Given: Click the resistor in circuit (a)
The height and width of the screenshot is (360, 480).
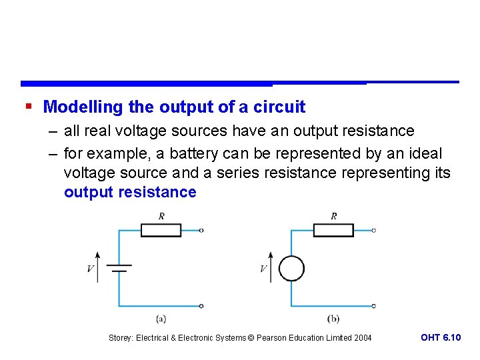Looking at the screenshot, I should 161,231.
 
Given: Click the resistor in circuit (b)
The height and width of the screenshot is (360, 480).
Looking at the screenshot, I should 333,231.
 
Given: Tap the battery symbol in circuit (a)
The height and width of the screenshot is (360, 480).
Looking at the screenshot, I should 119,269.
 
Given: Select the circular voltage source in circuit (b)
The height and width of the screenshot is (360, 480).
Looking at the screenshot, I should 291,269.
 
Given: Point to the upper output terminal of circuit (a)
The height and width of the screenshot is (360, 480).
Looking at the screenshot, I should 201,231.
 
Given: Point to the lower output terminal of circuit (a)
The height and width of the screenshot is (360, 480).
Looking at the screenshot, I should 201,306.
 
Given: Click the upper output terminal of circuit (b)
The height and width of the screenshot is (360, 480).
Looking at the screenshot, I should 374,231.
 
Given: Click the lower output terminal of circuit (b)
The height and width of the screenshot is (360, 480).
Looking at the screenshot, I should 374,306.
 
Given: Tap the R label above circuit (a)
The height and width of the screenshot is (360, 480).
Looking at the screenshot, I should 161,216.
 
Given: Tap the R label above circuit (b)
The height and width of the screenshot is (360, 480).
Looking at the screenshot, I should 333,216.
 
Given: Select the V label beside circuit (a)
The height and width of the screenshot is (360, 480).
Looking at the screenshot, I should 90,269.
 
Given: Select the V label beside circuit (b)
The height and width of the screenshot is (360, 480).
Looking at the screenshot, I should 263,269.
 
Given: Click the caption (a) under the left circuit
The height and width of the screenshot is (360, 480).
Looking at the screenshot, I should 161,319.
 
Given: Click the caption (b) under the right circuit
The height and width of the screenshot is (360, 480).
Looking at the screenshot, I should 333,319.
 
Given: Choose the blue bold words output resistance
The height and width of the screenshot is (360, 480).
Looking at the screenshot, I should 130,193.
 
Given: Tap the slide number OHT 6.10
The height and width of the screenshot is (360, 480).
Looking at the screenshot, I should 441,337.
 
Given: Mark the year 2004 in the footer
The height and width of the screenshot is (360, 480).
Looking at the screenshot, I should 363,338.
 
